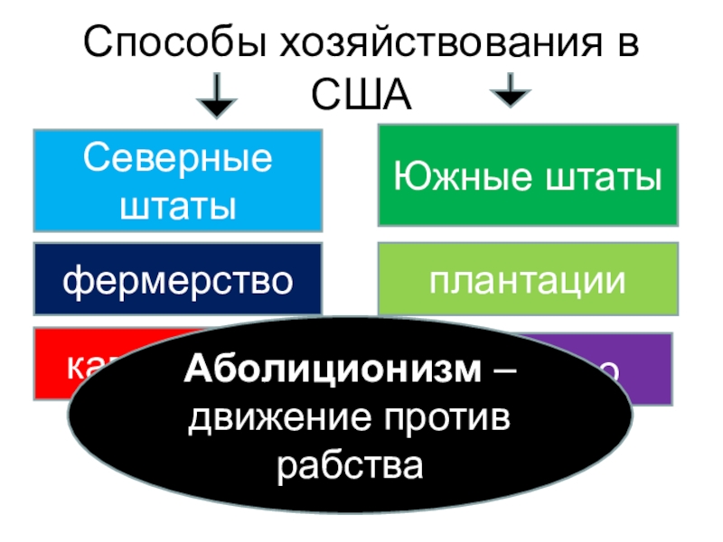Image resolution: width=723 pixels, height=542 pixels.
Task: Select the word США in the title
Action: pyautogui.click(x=361, y=96)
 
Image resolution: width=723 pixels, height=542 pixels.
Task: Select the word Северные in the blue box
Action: pyautogui.click(x=178, y=159)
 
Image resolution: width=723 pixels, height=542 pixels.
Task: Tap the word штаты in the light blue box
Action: pyautogui.click(x=178, y=205)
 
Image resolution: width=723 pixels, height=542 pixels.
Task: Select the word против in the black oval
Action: pyautogui.click(x=443, y=418)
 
